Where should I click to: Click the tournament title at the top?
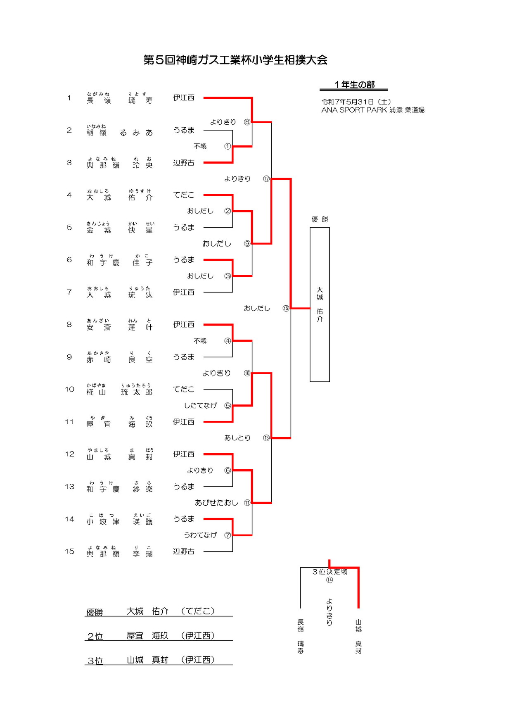235,60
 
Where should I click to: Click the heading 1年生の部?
354,85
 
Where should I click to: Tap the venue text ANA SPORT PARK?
354,110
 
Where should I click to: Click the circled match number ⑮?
286,308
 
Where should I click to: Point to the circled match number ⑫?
266,179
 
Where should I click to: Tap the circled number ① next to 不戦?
228,146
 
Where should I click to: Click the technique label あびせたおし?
216,503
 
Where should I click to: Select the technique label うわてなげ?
200,535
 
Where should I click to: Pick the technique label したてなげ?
200,406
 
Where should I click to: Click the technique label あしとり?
237,438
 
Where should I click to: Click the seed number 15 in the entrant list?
69,551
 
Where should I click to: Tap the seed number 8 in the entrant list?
69,325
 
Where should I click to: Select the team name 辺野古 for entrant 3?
184,163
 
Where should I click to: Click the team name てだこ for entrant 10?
184,389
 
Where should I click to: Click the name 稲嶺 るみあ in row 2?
120,132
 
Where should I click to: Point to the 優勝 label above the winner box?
320,219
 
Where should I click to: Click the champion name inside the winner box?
320,304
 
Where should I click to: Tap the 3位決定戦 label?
329,572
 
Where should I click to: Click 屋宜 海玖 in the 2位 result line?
147,635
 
